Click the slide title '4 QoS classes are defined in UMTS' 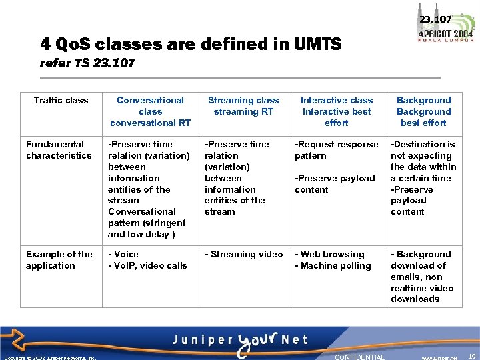pos(191,45)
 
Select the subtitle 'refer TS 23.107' pos(87,63)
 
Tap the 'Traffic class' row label pos(61,101)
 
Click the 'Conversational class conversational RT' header pos(150,111)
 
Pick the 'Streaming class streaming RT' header pos(243,106)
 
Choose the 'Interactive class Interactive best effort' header pos(337,111)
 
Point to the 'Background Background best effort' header pos(423,111)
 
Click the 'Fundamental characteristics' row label pos(59,150)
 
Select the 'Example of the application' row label pos(59,260)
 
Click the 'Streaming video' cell pos(243,255)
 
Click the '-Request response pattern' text pos(336,150)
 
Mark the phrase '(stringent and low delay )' pos(147,229)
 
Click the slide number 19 pos(472,357)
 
